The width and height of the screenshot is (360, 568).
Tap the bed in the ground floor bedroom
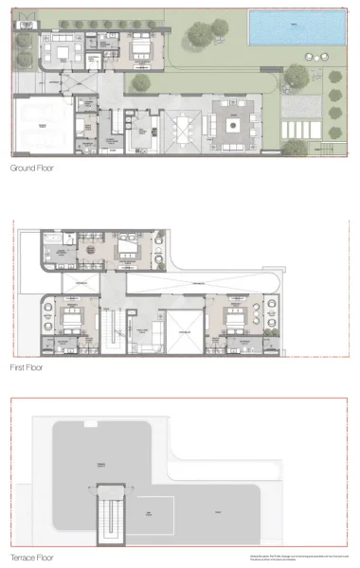pyautogui.click(x=139, y=47)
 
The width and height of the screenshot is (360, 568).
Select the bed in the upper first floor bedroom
pyautogui.click(x=123, y=249)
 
